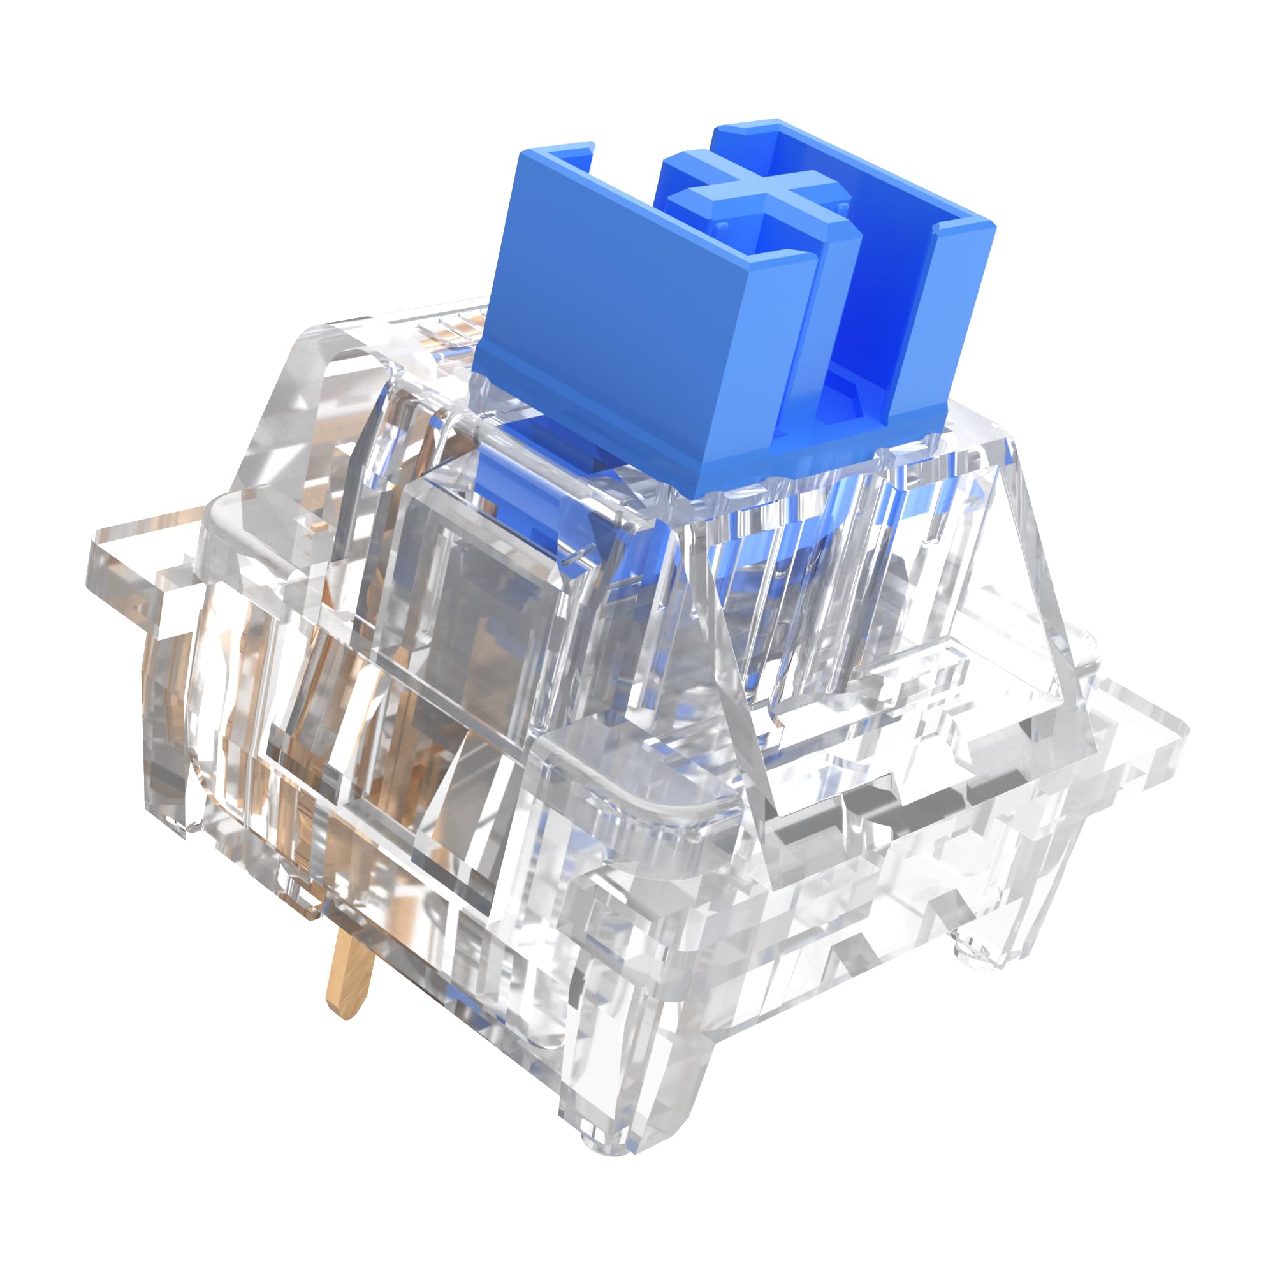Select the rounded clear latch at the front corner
click(634, 779)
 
